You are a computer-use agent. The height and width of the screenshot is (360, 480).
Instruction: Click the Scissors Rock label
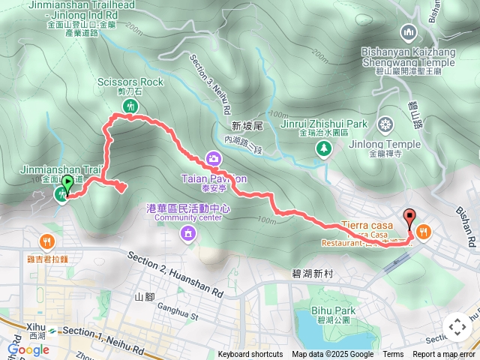(x=130, y=81)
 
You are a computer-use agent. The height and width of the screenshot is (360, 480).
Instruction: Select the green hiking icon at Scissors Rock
(x=131, y=106)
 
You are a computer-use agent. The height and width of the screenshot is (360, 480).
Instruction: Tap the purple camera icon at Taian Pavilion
(x=214, y=158)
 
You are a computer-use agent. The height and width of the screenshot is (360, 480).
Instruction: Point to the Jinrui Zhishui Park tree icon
(x=324, y=149)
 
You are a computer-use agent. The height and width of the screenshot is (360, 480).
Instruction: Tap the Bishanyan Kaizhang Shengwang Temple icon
(x=409, y=32)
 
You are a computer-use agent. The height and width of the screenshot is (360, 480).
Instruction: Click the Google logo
(x=28, y=349)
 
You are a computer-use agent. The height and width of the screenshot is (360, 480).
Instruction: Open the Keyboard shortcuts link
(x=250, y=355)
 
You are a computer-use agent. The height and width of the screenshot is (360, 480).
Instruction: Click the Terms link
(x=393, y=355)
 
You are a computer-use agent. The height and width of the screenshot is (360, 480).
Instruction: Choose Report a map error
(x=444, y=355)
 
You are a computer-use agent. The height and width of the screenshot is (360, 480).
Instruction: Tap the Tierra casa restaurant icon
(x=424, y=232)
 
